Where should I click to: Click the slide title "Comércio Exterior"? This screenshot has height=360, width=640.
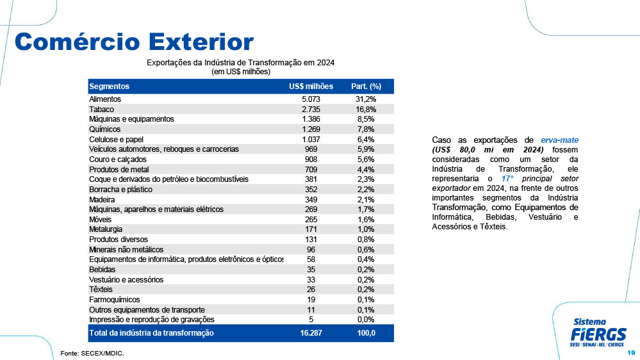click(x=134, y=42)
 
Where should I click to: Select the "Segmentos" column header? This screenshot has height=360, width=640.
click(x=109, y=86)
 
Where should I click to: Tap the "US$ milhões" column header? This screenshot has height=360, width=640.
click(x=311, y=86)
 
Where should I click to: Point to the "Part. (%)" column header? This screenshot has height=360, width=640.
click(x=366, y=86)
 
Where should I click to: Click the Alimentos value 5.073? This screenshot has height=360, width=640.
click(x=311, y=99)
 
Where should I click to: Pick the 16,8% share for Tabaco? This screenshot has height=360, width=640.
click(x=366, y=110)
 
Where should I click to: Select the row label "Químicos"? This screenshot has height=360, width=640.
click(x=105, y=129)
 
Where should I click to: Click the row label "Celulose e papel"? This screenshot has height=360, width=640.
click(x=117, y=140)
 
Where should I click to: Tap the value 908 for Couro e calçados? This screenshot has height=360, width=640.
click(x=311, y=160)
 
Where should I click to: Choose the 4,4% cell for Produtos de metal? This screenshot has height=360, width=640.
click(x=366, y=169)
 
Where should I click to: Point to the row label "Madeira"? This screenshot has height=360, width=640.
click(x=102, y=200)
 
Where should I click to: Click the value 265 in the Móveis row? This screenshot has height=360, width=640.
click(x=311, y=220)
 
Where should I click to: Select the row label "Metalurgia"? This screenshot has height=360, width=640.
click(x=106, y=229)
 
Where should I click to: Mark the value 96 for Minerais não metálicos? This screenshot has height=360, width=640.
click(x=311, y=250)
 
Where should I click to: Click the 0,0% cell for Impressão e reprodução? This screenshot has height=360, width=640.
click(x=366, y=320)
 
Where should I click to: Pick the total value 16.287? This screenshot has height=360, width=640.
click(x=311, y=333)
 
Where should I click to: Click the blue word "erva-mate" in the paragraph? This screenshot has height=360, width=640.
click(x=559, y=140)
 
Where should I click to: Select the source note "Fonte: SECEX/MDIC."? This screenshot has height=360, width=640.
click(x=92, y=354)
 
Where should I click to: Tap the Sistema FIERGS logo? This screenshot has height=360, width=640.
click(x=598, y=332)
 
